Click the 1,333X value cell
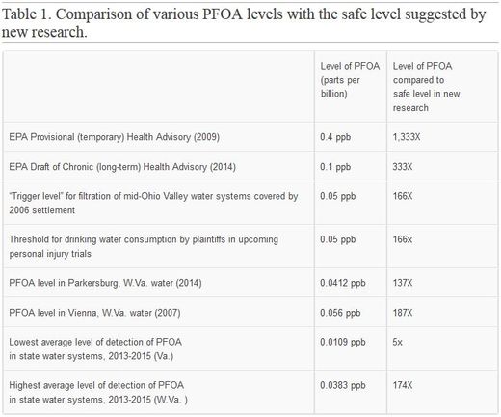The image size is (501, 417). pyautogui.click(x=407, y=137)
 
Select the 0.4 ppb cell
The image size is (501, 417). pyautogui.click(x=335, y=137)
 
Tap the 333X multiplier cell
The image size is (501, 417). pyautogui.click(x=403, y=167)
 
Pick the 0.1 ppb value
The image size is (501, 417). pyautogui.click(x=335, y=167)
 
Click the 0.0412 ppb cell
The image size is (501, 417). pyautogui.click(x=343, y=283)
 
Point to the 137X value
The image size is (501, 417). pyautogui.click(x=403, y=283)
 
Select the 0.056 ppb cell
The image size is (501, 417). pyautogui.click(x=340, y=313)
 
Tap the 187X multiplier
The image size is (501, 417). pyautogui.click(x=403, y=313)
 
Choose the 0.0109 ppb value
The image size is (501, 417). pyautogui.click(x=343, y=342)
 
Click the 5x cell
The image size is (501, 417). pyautogui.click(x=397, y=342)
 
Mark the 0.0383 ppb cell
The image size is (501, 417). pyautogui.click(x=343, y=385)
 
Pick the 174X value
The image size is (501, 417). pyautogui.click(x=403, y=385)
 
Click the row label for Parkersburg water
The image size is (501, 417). pyautogui.click(x=105, y=283)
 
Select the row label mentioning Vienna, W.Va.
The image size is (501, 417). pyautogui.click(x=94, y=313)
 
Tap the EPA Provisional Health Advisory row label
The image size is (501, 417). pyautogui.click(x=115, y=137)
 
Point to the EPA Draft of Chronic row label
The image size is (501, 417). pyautogui.click(x=122, y=167)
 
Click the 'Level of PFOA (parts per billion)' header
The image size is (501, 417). pyautogui.click(x=350, y=80)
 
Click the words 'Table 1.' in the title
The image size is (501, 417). pyautogui.click(x=27, y=14)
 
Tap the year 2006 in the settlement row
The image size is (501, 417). pyautogui.click(x=19, y=210)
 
